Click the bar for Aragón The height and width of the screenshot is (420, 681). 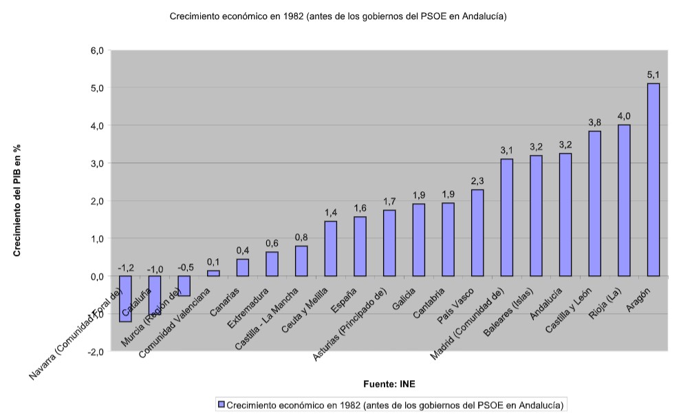[x=653, y=180]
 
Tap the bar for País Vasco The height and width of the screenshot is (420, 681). [x=477, y=233]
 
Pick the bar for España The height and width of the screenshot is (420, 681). [x=360, y=246]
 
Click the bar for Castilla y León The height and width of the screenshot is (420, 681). [x=595, y=203]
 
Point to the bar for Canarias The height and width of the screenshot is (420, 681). [x=242, y=268]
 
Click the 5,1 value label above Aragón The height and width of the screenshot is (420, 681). [x=653, y=74]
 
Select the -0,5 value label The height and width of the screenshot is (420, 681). [x=185, y=267]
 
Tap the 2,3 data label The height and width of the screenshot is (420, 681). [x=477, y=181]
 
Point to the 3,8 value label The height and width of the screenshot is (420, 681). [x=595, y=122]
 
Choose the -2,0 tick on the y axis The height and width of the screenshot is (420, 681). [x=95, y=351]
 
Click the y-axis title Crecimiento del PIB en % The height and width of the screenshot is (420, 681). [x=17, y=200]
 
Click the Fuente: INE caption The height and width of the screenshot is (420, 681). [x=389, y=384]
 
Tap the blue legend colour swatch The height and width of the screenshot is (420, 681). [x=221, y=404]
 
